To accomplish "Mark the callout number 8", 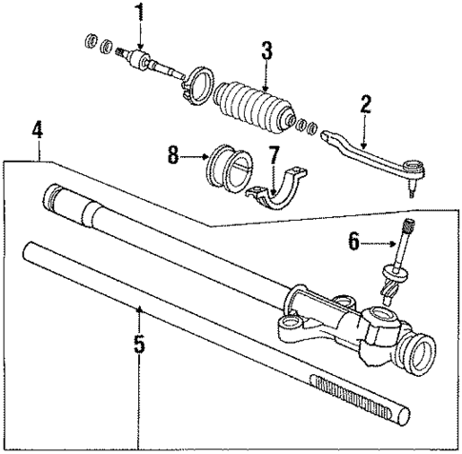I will (171, 153).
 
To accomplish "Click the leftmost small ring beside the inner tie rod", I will (91, 40).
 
